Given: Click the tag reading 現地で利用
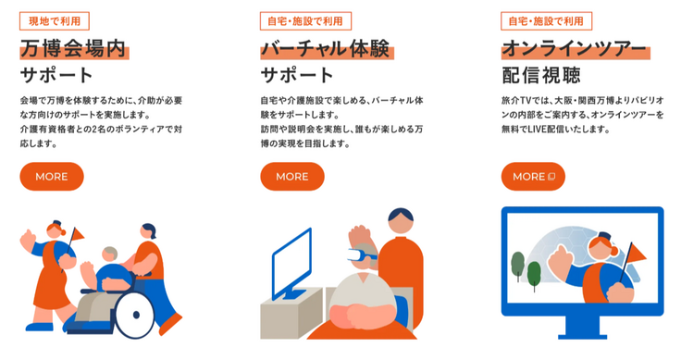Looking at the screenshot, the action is pyautogui.click(x=55, y=21).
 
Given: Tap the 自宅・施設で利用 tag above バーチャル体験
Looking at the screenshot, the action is pyautogui.click(x=305, y=21).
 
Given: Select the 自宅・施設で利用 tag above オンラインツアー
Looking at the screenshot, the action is pyautogui.click(x=546, y=21).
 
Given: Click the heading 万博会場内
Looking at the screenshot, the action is pyautogui.click(x=73, y=49).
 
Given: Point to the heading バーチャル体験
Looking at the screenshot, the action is pyautogui.click(x=326, y=49).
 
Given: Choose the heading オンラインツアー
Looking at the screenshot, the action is pyautogui.click(x=575, y=49).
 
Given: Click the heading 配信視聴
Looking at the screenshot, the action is pyautogui.click(x=541, y=75).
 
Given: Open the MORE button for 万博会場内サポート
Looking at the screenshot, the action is pyautogui.click(x=52, y=177).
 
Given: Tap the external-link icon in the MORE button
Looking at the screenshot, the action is pyautogui.click(x=551, y=177).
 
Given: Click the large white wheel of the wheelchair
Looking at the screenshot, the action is pyautogui.click(x=135, y=315).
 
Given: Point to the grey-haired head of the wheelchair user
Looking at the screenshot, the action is pyautogui.click(x=110, y=254).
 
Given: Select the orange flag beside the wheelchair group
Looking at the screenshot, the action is pyautogui.click(x=78, y=235).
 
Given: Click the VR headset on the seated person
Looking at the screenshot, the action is pyautogui.click(x=362, y=254).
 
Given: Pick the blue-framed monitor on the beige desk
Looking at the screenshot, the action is pyautogui.click(x=291, y=264).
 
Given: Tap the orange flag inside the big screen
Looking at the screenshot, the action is pyautogui.click(x=637, y=254).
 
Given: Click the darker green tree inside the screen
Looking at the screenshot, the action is pyautogui.click(x=534, y=274).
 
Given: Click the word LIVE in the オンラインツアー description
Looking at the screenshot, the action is pyautogui.click(x=537, y=129).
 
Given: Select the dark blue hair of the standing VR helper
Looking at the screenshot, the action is pyautogui.click(x=401, y=214).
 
